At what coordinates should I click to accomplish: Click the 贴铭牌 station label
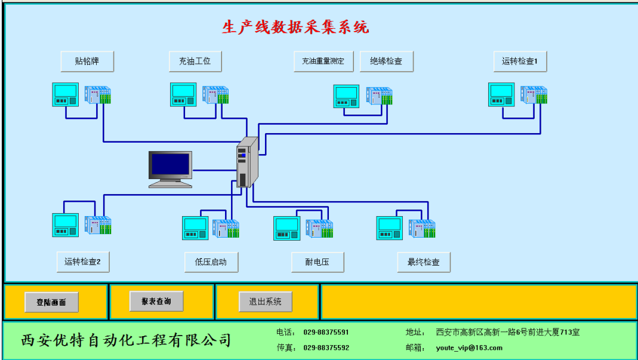click(87, 61)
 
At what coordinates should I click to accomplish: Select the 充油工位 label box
click(195, 61)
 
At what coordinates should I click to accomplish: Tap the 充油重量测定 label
click(323, 61)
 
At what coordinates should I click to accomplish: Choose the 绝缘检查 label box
click(387, 61)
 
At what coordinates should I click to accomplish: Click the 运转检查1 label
click(520, 61)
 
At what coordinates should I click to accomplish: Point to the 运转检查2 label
click(83, 262)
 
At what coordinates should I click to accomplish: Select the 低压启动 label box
click(211, 262)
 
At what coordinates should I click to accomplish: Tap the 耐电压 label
click(318, 262)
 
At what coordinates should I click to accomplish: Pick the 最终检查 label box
click(424, 262)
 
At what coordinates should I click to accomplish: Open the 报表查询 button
click(156, 301)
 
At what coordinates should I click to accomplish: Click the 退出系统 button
click(266, 301)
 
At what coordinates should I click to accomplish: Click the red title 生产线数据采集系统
click(295, 27)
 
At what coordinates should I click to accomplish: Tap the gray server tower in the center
click(248, 162)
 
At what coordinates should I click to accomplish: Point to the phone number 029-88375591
click(326, 333)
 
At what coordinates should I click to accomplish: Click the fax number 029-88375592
click(326, 348)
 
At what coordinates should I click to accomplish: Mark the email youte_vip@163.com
click(469, 348)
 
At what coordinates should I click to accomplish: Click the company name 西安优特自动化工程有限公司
click(126, 340)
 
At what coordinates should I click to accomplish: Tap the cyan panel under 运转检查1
click(501, 95)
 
